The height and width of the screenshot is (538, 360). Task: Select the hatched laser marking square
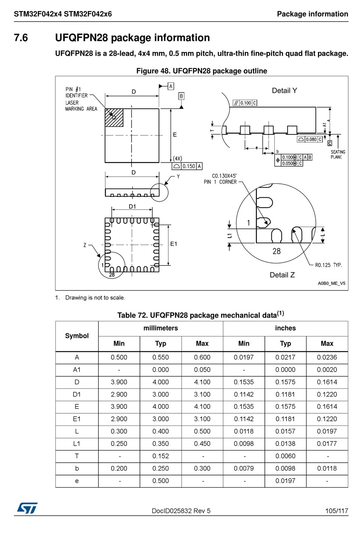[x=114, y=117]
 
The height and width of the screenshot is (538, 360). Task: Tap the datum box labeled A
[x=171, y=86]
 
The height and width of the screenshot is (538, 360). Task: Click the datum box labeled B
[x=181, y=96]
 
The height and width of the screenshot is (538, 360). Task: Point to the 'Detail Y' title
[x=284, y=91]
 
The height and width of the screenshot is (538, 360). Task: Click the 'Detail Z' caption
[x=282, y=275]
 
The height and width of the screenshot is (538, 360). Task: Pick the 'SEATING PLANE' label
[x=337, y=154]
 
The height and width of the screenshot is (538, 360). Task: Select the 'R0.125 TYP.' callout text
[x=328, y=265]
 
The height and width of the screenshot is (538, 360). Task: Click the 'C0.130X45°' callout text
[x=224, y=176]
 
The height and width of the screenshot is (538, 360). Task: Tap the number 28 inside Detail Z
[x=277, y=251]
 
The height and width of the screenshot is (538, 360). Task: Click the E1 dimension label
[x=174, y=244]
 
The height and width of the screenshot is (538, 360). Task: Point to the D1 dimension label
[x=132, y=206]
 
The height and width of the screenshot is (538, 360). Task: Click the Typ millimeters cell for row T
[x=161, y=456]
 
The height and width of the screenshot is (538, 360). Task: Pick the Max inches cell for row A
[x=327, y=357]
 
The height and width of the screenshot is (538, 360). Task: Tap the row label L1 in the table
[x=77, y=444]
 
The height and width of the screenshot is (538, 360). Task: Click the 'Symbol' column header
[x=77, y=336]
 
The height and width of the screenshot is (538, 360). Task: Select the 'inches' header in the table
[x=285, y=328]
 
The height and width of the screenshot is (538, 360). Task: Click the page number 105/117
[x=336, y=511]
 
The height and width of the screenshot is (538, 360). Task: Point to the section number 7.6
[x=21, y=38]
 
